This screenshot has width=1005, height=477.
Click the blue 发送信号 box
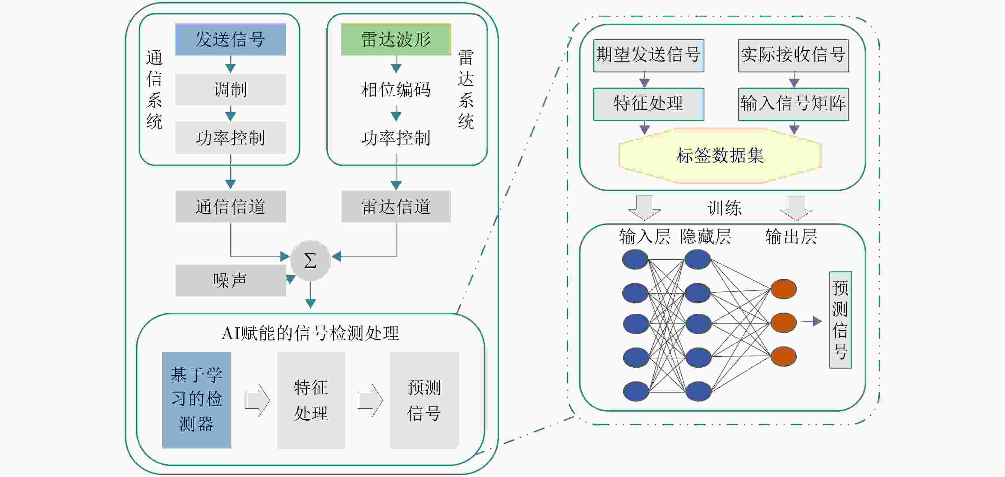pos(230,40)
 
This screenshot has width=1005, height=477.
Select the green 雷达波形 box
pos(396,40)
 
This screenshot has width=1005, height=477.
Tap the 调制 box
pos(230,89)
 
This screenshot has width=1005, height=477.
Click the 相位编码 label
pos(396,89)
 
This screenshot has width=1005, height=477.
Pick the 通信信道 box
pos(230,206)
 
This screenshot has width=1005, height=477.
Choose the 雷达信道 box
pos(396,206)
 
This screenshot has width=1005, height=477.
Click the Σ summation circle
pos(310,260)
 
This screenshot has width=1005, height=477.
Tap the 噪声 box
pos(230,280)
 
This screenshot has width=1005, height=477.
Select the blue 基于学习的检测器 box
pos(197,400)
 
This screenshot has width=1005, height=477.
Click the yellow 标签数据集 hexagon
pos(720,156)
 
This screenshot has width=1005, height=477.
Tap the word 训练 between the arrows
pos(725,208)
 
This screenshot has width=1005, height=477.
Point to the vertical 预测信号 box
pos(840,319)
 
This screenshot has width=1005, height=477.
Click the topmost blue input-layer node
pos(635,259)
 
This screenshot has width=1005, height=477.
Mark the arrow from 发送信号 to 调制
pos(230,64)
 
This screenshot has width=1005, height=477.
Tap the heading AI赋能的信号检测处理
pos(310,334)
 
